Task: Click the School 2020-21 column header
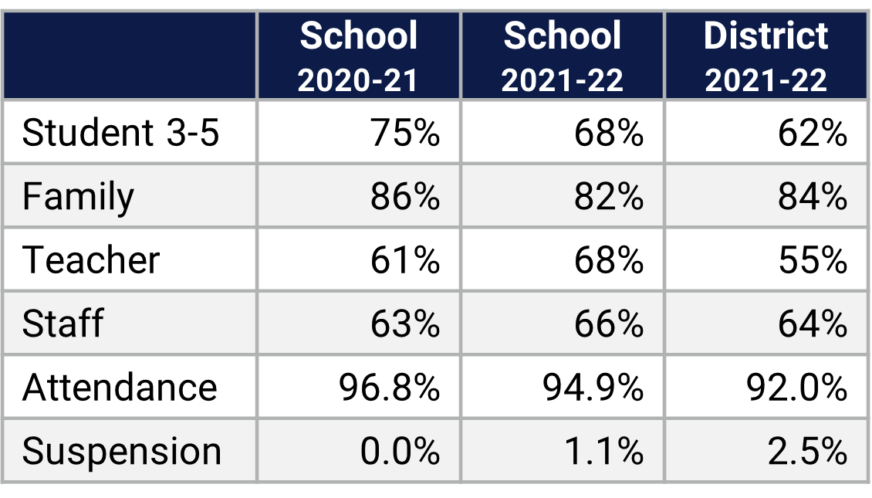tap(358, 56)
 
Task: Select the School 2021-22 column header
tap(562, 56)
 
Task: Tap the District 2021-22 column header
tap(766, 56)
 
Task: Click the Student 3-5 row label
tap(121, 133)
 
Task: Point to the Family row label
tap(78, 196)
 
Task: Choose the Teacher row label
tap(91, 260)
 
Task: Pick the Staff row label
tap(63, 324)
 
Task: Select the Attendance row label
tap(120, 387)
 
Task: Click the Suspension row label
tap(122, 451)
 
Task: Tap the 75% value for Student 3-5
tap(404, 133)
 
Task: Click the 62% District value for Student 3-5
tap(812, 133)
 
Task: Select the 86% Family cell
tap(404, 196)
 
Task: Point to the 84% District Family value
tap(812, 196)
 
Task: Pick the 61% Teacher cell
tap(404, 260)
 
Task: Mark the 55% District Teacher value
tap(812, 260)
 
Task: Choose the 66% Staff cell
tap(608, 324)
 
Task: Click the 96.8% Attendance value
tap(389, 387)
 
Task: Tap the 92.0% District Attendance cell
tap(796, 387)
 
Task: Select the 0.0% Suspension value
tap(400, 451)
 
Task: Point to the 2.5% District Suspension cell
tap(807, 451)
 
